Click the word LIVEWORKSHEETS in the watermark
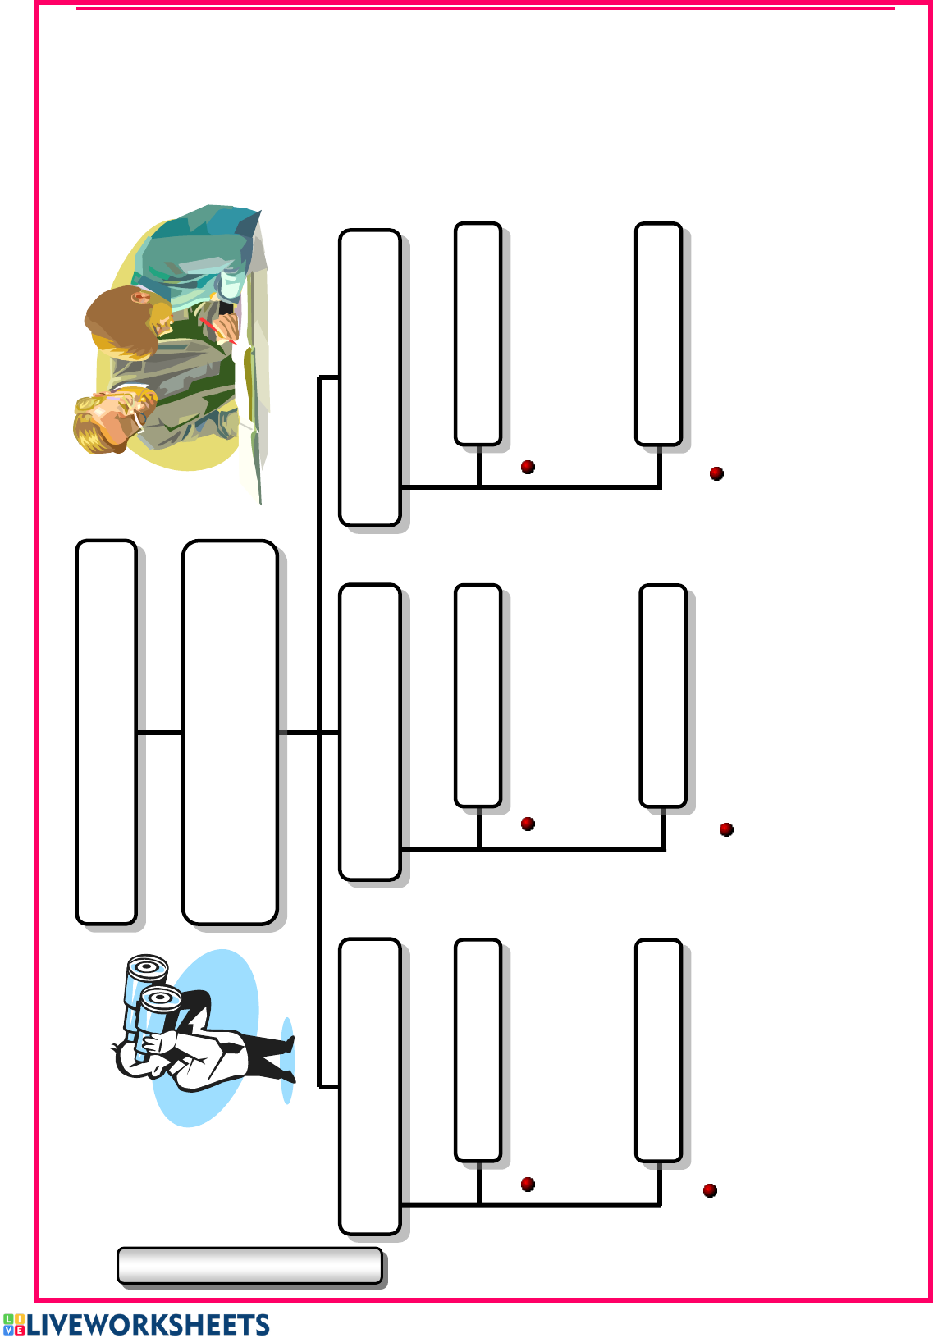149,1324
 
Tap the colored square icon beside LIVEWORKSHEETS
13,1324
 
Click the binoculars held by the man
150,1002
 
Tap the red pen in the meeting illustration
217,331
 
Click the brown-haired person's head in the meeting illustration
126,322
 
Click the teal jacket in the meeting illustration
203,251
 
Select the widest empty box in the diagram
230,733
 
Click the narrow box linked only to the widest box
107,733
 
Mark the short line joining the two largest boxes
159,733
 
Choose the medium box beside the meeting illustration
370,377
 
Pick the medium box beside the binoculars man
370,1086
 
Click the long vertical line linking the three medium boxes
319,732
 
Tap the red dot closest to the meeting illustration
528,467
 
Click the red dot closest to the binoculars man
528,1185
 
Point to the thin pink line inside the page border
486,8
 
